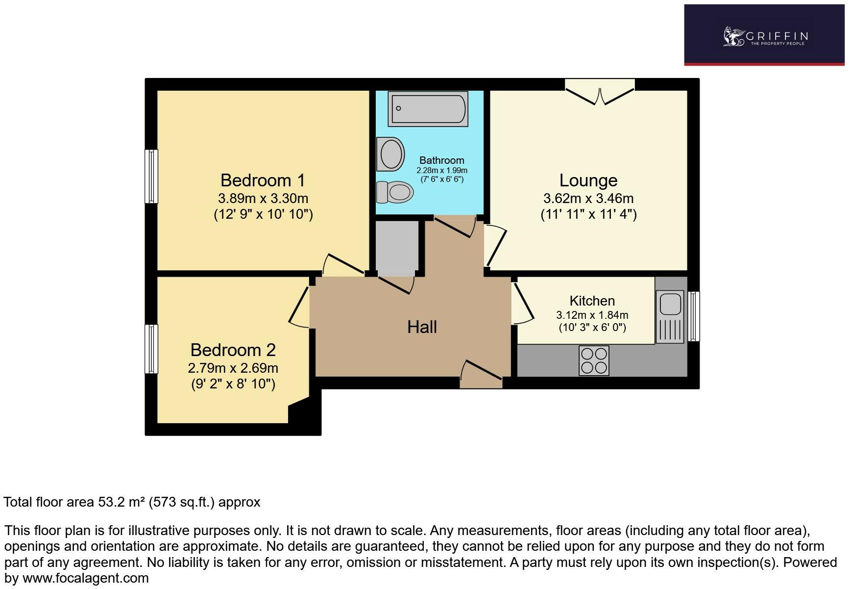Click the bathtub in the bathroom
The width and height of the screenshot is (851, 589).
point(428,108)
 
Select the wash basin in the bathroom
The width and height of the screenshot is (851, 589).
point(391,154)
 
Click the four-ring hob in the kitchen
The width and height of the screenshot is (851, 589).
point(594,360)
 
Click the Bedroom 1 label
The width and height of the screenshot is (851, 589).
point(263,180)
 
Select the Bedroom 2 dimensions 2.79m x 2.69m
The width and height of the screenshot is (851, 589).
point(233,368)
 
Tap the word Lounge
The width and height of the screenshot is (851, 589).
point(588,180)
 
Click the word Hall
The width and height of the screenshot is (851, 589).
point(422,327)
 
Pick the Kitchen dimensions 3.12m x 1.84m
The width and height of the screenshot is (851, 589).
point(592,315)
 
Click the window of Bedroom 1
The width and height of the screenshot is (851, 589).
point(151,176)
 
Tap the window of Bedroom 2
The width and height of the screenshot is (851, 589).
point(151,349)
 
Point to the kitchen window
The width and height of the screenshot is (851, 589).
point(694,316)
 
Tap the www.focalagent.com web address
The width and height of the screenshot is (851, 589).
point(86,578)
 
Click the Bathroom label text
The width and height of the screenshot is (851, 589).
point(441,160)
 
